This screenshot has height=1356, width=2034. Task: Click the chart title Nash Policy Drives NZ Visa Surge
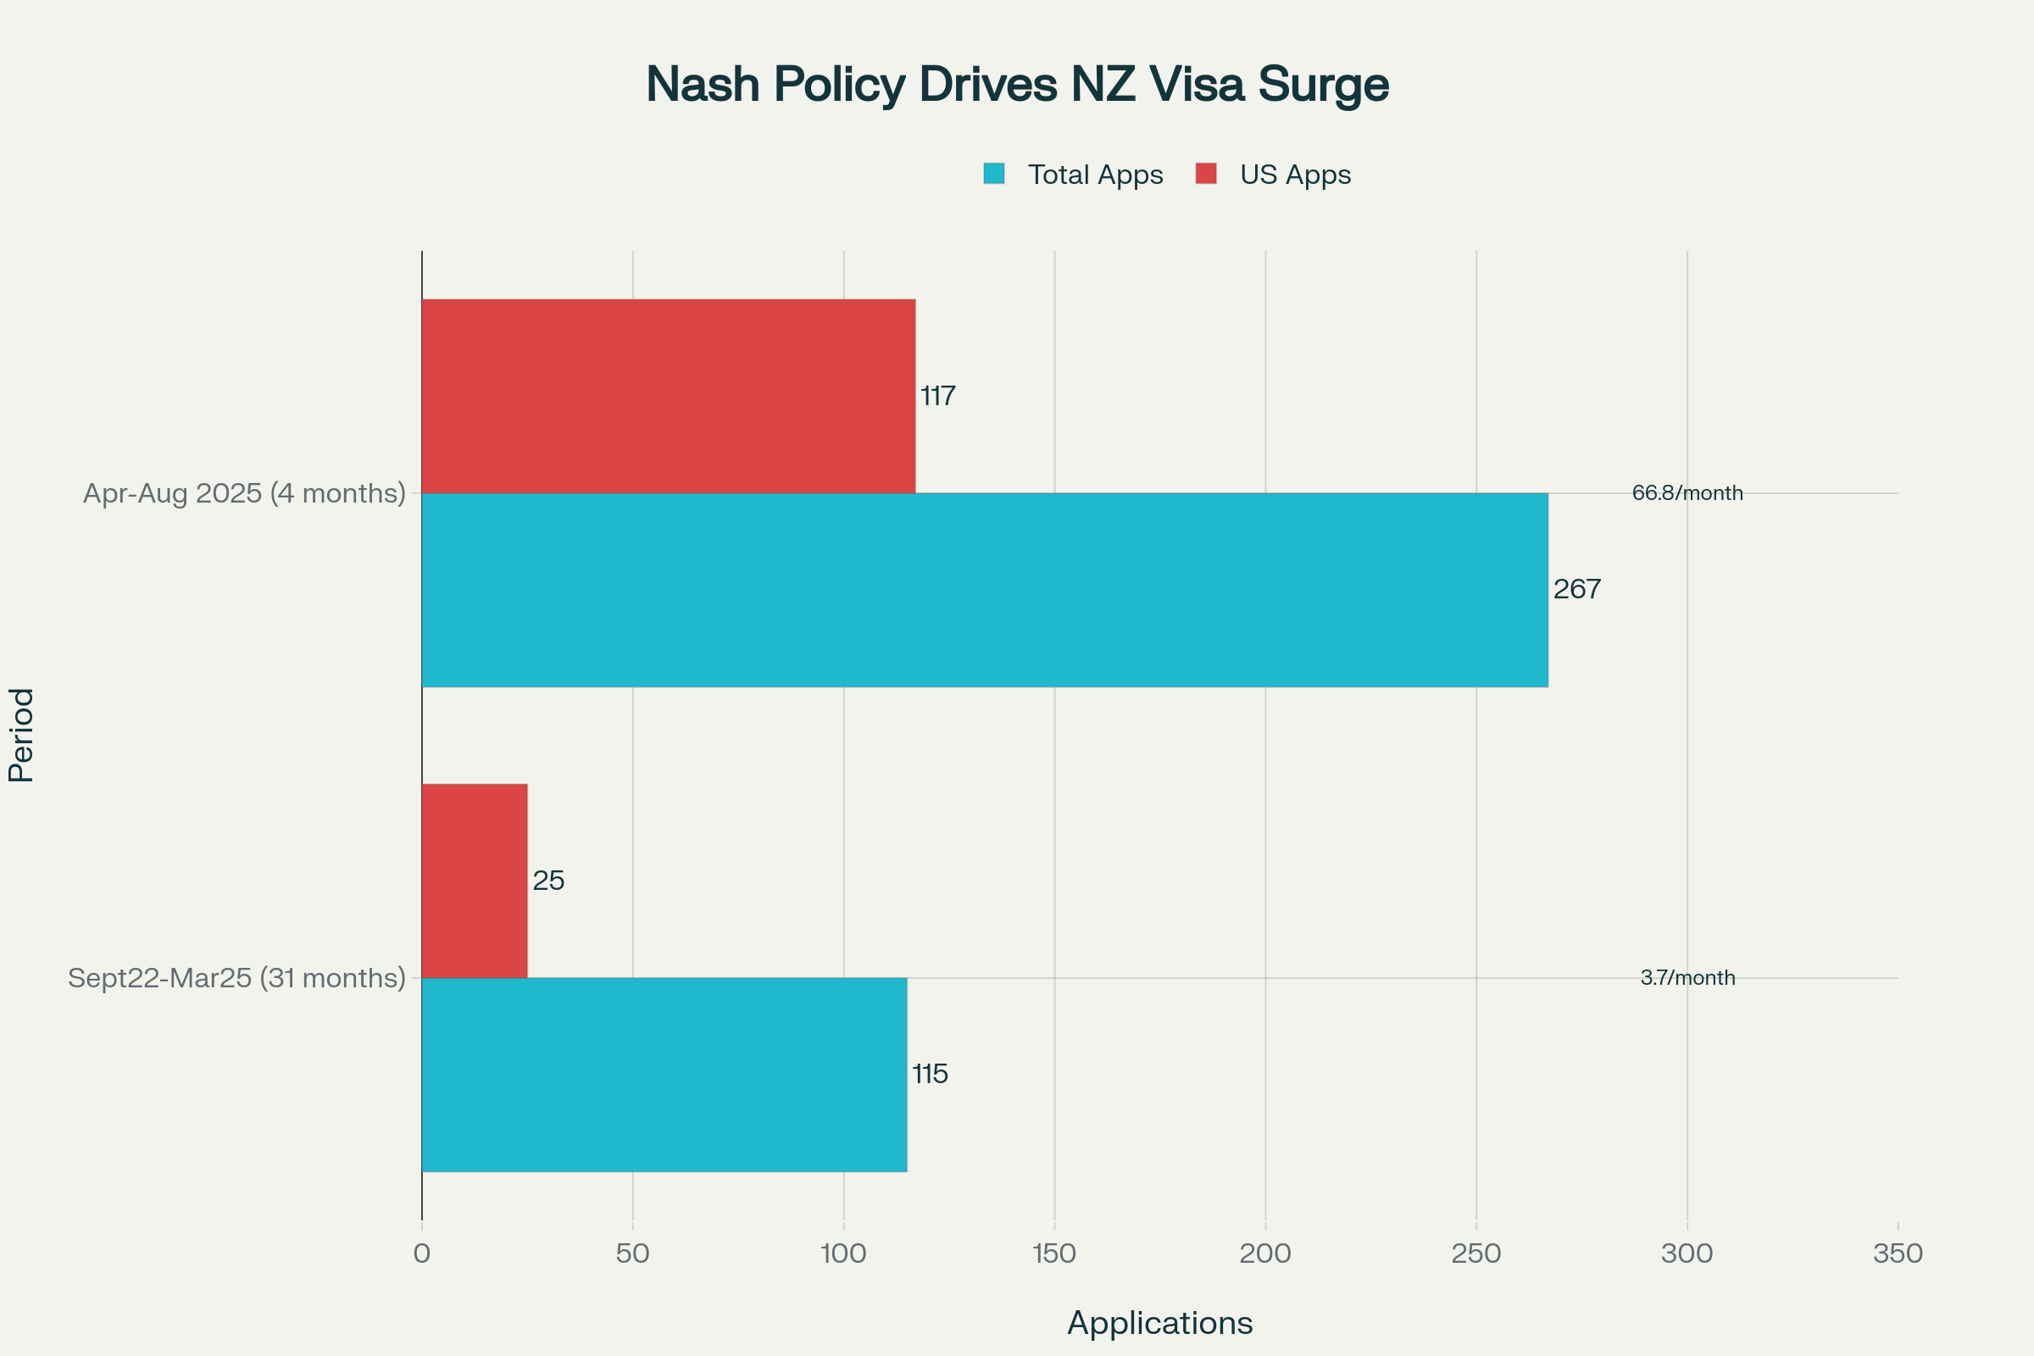coord(1017,85)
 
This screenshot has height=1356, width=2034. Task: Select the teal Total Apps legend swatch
coord(993,174)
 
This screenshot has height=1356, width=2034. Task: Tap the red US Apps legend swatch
coord(1205,174)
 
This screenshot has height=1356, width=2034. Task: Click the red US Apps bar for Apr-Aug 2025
coord(668,396)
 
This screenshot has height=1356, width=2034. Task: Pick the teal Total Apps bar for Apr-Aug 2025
coord(984,590)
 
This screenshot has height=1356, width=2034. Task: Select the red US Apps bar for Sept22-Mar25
coord(474,881)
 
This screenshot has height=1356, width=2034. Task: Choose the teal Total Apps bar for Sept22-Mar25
coord(664,1074)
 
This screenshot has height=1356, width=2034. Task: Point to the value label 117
coord(937,396)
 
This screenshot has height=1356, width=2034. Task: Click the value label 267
coord(1576,590)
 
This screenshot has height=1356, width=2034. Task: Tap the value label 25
coord(548,881)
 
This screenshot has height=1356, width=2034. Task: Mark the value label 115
coord(930,1074)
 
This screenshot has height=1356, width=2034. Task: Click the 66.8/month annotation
coord(1687,493)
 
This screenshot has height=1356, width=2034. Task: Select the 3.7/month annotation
coord(1687,978)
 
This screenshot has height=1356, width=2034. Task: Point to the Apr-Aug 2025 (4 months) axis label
coord(244,493)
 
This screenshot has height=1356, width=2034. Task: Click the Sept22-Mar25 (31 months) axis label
coord(236,978)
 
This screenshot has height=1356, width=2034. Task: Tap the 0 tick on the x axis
coord(422,1253)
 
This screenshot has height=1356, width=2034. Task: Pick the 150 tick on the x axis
coord(1054,1253)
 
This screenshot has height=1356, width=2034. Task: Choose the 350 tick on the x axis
coord(1898,1253)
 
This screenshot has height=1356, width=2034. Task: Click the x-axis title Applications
coord(1159,1323)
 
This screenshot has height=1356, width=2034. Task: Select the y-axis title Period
coord(22,735)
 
